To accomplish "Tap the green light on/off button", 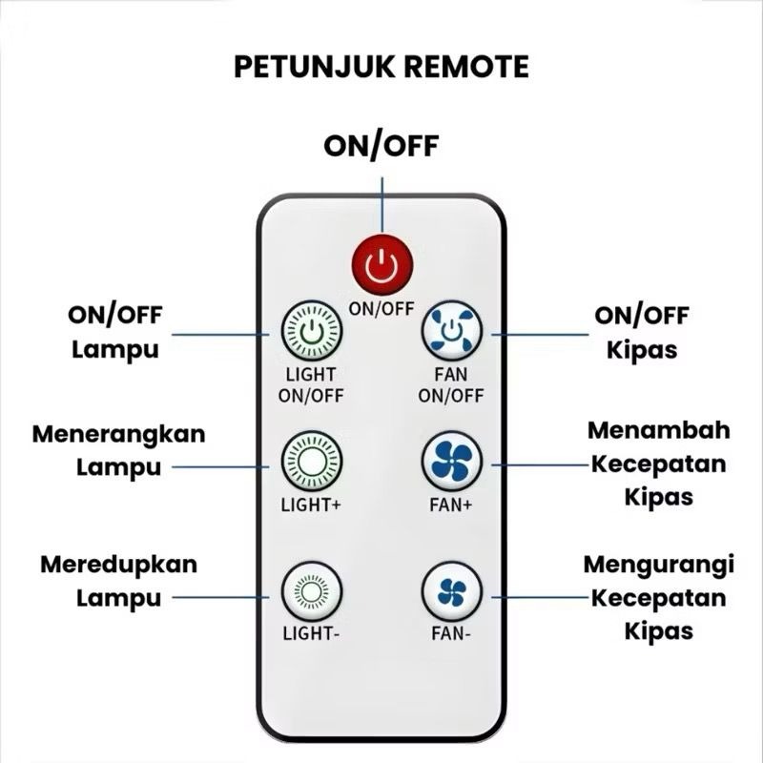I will coord(311,332).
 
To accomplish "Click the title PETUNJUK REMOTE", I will coord(381,68).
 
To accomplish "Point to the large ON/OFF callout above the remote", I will coord(381,146).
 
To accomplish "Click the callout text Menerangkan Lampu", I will coord(118,450).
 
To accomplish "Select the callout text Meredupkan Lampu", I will coord(118,581).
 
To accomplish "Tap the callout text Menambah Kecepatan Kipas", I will coord(658,463).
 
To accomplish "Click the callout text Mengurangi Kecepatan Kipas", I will coord(658,597).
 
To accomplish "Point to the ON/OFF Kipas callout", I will coord(641,332).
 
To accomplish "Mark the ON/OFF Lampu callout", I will coord(114,332).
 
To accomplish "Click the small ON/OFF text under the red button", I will coord(381,308).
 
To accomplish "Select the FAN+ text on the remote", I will coord(452,505).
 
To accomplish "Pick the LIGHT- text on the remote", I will coord(311,632).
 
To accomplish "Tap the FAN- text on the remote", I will coord(452,632).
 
